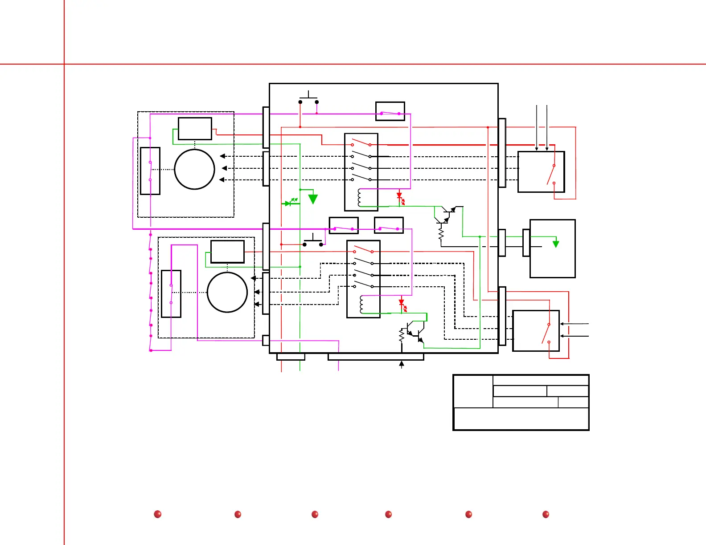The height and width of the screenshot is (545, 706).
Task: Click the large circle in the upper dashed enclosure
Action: pyautogui.click(x=195, y=169)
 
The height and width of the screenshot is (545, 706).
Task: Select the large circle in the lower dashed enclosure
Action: pyautogui.click(x=227, y=293)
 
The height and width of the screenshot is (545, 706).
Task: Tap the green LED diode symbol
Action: pyautogui.click(x=288, y=203)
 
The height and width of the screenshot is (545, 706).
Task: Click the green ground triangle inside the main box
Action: pyautogui.click(x=313, y=199)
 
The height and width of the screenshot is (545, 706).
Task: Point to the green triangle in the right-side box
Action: pyautogui.click(x=556, y=244)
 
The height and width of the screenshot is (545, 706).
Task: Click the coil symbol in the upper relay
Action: pyautogui.click(x=359, y=198)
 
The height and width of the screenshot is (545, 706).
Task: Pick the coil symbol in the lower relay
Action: pyautogui.click(x=361, y=304)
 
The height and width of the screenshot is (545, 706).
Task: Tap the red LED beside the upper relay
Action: pyautogui.click(x=399, y=195)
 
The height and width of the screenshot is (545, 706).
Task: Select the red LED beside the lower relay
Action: pyautogui.click(x=402, y=302)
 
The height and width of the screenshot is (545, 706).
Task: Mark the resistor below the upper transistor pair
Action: pyautogui.click(x=441, y=235)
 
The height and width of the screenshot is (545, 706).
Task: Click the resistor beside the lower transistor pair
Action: pyautogui.click(x=402, y=335)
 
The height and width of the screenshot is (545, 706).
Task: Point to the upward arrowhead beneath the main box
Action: pyautogui.click(x=402, y=364)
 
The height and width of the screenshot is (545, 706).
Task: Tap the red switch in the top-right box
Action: pyautogui.click(x=551, y=174)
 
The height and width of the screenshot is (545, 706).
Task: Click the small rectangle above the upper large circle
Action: pyautogui.click(x=195, y=129)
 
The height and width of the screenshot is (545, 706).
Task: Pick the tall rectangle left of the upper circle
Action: pyautogui.click(x=150, y=171)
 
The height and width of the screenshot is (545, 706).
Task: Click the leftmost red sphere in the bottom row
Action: pyautogui.click(x=157, y=514)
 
